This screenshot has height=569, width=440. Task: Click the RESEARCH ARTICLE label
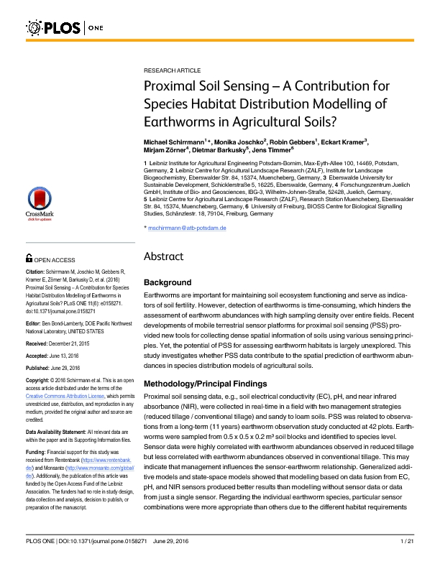coord(173,72)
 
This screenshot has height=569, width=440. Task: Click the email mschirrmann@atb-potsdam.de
coord(187,227)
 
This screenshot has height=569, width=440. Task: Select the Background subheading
coord(168,282)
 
